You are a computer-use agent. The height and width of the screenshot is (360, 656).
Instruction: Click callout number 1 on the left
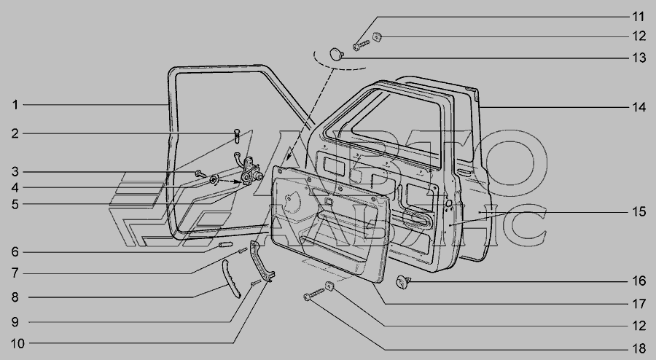(x=15, y=104)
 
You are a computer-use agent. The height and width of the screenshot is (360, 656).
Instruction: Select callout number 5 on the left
(x=15, y=205)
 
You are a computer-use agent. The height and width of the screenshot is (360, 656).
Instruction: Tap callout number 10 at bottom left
(x=17, y=344)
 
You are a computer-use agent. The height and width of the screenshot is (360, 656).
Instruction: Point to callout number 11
(x=638, y=17)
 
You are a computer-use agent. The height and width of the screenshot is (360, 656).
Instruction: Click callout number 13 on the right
(x=639, y=58)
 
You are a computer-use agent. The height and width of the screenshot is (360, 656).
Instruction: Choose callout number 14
(x=639, y=107)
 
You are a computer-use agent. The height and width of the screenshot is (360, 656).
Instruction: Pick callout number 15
(x=639, y=212)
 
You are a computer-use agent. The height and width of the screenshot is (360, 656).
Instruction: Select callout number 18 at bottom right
(x=639, y=350)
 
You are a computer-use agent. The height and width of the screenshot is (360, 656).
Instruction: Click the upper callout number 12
(x=639, y=36)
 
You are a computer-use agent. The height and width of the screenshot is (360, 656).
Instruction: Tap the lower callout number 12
(x=639, y=326)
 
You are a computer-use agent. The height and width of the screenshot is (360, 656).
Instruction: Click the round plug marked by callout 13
(x=336, y=54)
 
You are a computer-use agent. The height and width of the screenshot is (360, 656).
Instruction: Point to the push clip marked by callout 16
(x=403, y=282)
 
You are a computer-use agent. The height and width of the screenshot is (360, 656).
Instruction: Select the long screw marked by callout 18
(x=314, y=294)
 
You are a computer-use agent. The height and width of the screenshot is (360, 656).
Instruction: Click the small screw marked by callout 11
(x=362, y=44)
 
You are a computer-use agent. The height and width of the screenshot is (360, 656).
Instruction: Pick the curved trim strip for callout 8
(x=230, y=278)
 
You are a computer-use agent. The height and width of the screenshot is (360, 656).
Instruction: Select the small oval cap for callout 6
(x=225, y=245)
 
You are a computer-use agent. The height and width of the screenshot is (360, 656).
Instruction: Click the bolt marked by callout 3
(x=200, y=173)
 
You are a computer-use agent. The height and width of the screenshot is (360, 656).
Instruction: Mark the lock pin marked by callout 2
(x=237, y=136)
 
